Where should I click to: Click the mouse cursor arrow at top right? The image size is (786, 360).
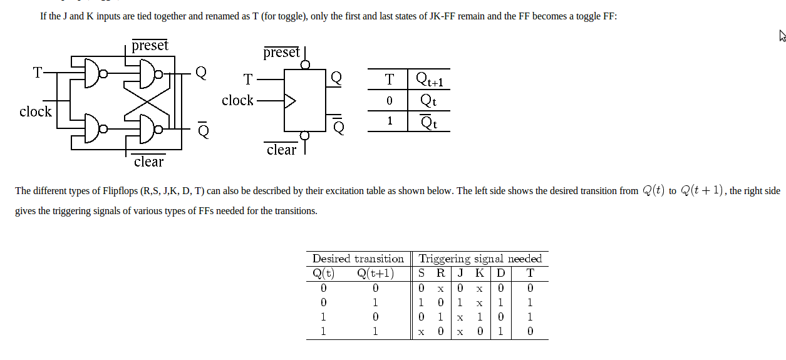pyautogui.click(x=782, y=36)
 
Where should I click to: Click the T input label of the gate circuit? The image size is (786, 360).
pyautogui.click(x=38, y=73)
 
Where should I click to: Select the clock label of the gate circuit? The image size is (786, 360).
pyautogui.click(x=36, y=112)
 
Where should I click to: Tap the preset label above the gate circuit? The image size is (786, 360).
pyautogui.click(x=150, y=46)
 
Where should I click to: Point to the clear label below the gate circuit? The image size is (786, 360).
pyautogui.click(x=148, y=162)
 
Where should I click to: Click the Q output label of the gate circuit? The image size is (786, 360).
pyautogui.click(x=201, y=73)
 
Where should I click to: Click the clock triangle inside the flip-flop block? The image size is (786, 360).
pyautogui.click(x=290, y=101)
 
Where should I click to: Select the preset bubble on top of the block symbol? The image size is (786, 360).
pyautogui.click(x=305, y=64)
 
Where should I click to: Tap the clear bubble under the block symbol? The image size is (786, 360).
pyautogui.click(x=305, y=136)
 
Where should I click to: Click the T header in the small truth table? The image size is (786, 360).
pyautogui.click(x=390, y=80)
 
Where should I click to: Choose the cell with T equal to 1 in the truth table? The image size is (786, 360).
pyautogui.click(x=390, y=121)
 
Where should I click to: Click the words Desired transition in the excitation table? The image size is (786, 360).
pyautogui.click(x=358, y=259)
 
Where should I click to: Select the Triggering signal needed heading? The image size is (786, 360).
pyautogui.click(x=480, y=259)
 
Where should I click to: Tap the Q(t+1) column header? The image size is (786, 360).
pyautogui.click(x=375, y=273)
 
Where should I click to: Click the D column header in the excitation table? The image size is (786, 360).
pyautogui.click(x=500, y=273)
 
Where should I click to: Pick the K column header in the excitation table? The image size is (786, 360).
pyautogui.click(x=479, y=273)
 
